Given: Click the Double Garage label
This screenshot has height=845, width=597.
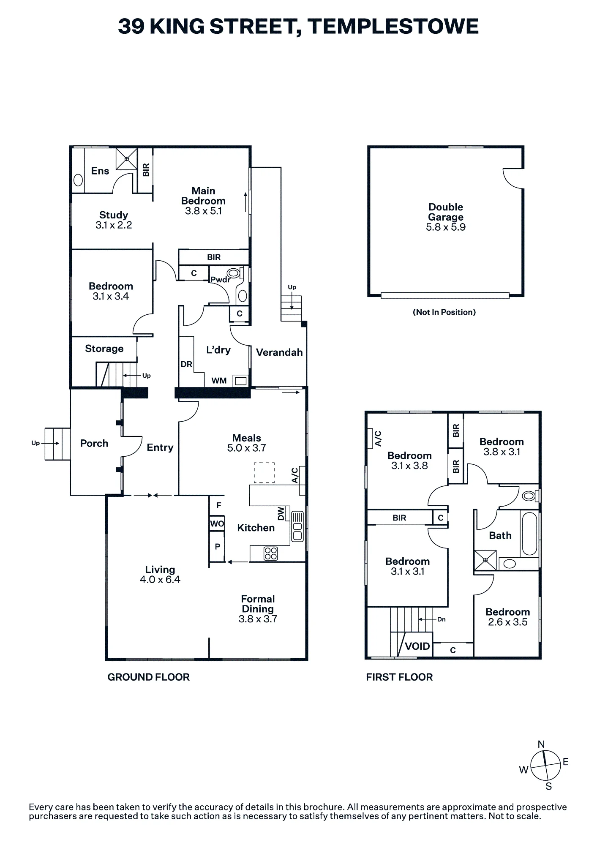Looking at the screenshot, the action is (x=446, y=212).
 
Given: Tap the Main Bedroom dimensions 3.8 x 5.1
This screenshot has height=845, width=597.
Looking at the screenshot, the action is (x=203, y=211).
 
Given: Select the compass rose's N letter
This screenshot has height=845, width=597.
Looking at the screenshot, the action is (x=541, y=744).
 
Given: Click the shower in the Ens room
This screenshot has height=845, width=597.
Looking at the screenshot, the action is (x=127, y=159).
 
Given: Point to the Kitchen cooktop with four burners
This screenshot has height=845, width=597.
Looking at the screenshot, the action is (x=271, y=553).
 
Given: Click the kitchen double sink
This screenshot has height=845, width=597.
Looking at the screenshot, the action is (x=297, y=526).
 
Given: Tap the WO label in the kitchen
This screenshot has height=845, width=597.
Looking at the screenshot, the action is (x=217, y=524).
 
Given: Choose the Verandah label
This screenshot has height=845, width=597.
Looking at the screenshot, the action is (x=279, y=352).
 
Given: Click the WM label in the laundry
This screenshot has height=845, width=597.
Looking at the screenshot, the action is (x=219, y=381).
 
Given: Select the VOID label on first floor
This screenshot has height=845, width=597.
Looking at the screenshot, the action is (x=417, y=646).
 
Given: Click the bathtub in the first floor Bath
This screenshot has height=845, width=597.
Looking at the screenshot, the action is (x=529, y=534).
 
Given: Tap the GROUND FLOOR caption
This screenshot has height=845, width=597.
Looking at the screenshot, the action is (x=149, y=677).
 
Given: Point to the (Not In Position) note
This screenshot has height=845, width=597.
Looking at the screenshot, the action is (x=444, y=312).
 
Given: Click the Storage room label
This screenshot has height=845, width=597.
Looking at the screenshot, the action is (x=104, y=349).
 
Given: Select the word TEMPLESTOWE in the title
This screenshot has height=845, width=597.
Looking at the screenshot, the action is (x=393, y=27).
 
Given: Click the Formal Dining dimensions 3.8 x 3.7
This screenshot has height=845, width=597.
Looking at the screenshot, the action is (x=258, y=619).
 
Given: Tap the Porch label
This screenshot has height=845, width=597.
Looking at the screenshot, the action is (x=94, y=443).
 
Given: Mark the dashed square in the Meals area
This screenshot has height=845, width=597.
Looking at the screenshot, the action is (x=264, y=473).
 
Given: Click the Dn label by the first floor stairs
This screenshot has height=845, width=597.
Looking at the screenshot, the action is (x=442, y=619).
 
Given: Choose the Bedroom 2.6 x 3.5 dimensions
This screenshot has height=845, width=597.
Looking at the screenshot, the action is (x=508, y=622).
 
